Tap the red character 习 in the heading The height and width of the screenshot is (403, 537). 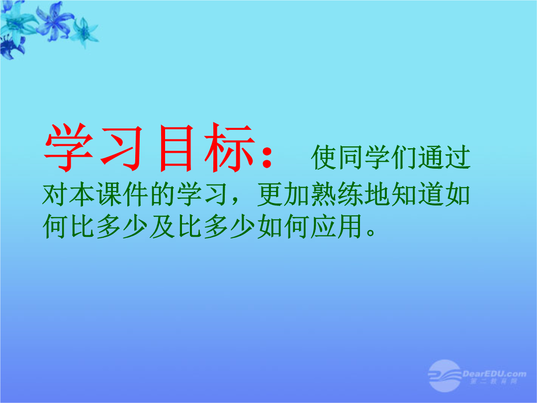click(x=122, y=148)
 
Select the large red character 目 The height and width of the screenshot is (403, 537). click(x=176, y=148)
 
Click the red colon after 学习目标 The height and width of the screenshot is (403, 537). click(x=267, y=157)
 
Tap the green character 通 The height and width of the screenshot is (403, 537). click(x=431, y=158)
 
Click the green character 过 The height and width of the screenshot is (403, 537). click(x=458, y=158)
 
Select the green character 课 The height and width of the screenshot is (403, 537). click(x=109, y=195)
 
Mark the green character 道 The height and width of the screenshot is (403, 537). click(x=431, y=195)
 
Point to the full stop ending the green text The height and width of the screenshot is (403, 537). click(x=371, y=232)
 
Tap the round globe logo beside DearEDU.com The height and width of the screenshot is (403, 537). click(x=445, y=376)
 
